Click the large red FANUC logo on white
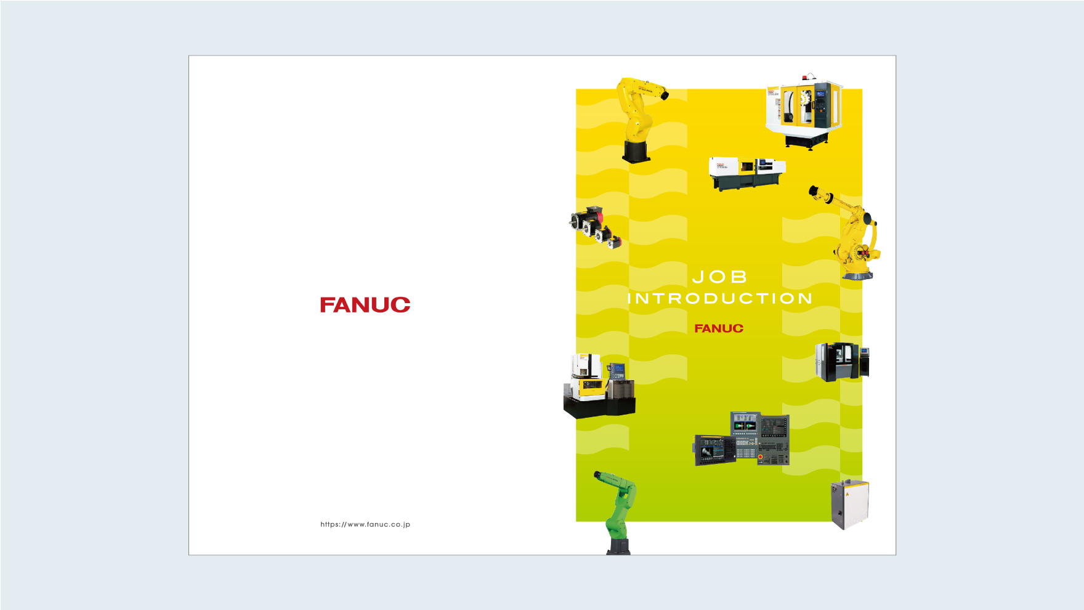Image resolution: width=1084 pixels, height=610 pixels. click(365, 305)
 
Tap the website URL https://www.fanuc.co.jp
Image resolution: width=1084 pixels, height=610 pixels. click(365, 524)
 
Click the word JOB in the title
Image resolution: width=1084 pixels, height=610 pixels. click(719, 277)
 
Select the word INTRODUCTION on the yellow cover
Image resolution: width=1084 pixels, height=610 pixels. click(720, 299)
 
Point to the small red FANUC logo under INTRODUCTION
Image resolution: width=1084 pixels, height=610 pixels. click(719, 328)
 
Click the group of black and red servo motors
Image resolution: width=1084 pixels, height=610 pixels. click(595, 227)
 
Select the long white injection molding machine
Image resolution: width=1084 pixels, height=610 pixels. click(747, 173)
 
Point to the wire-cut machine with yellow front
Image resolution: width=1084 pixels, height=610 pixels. click(599, 387)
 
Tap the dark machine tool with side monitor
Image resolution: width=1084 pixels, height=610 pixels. click(842, 362)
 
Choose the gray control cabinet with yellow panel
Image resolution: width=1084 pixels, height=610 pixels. click(850, 504)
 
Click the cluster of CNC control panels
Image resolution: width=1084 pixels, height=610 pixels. click(742, 439)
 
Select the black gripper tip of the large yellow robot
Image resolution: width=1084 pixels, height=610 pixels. click(814, 190)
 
